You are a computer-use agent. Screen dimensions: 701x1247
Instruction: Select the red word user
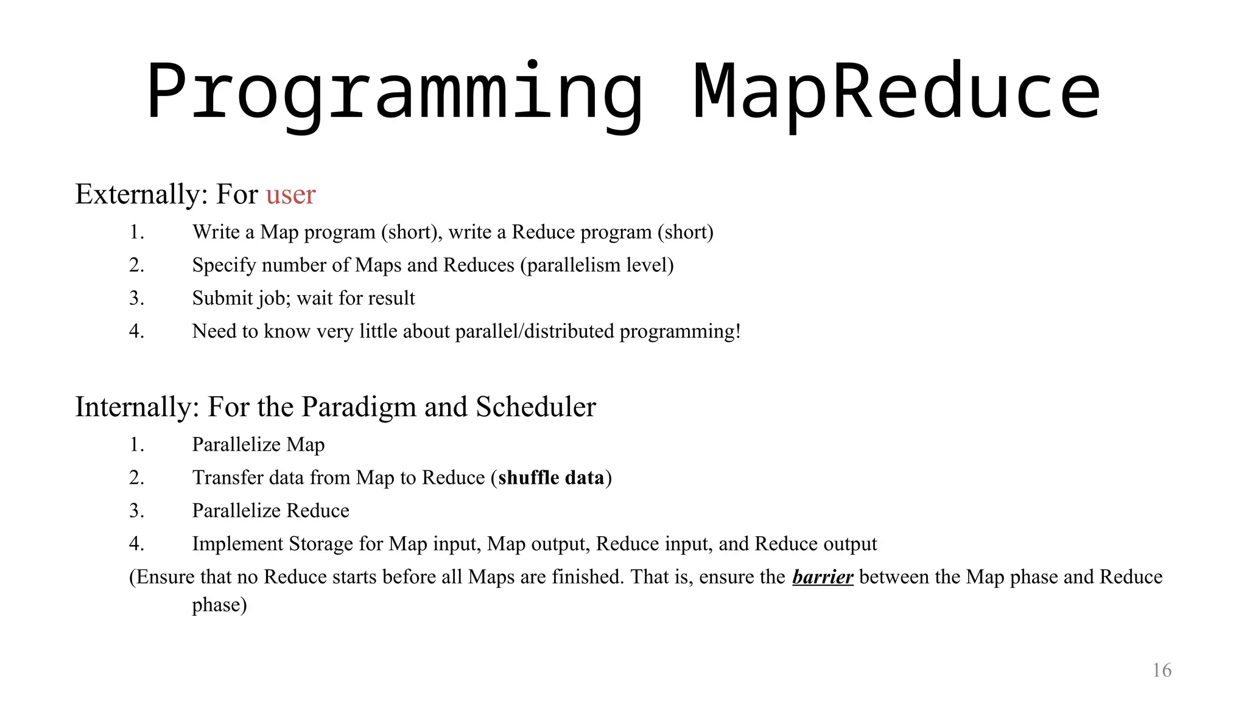pos(290,194)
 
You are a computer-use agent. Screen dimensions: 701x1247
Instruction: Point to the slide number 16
pos(1162,670)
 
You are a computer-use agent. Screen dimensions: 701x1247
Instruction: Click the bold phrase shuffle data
pos(551,478)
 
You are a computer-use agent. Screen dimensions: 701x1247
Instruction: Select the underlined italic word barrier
pos(823,576)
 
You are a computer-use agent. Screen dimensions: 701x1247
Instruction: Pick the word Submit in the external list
pos(222,298)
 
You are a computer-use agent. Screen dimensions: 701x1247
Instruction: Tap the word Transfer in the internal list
pos(228,478)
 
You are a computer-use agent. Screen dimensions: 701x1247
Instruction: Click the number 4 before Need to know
pos(136,331)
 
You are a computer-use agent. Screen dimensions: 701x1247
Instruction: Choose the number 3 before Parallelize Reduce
pos(136,511)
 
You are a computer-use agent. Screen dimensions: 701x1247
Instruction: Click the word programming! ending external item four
pos(680,332)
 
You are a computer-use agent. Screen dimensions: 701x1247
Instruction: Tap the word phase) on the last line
pos(219,605)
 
